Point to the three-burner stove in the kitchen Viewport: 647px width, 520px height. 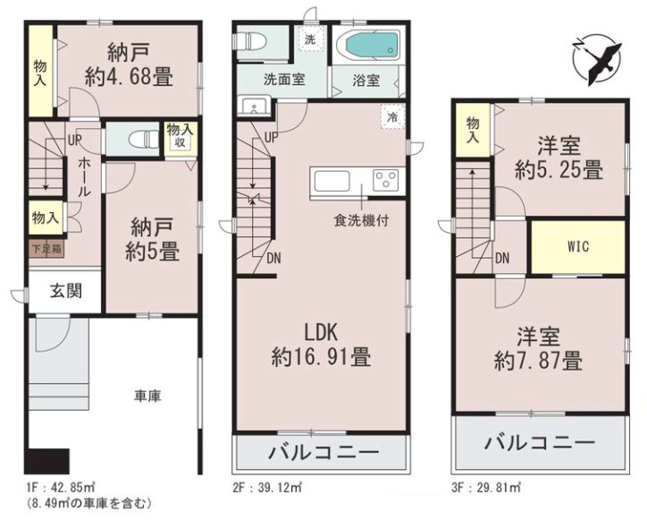[386, 180]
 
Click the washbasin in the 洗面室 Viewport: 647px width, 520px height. [254, 107]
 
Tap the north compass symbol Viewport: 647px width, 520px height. [598, 61]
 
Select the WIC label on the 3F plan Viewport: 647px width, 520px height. [577, 247]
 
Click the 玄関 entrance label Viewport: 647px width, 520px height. [66, 291]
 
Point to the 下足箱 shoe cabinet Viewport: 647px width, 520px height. [46, 249]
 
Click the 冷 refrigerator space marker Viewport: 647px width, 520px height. [392, 117]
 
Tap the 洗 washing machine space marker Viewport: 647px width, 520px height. [310, 39]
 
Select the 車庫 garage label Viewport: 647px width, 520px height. [147, 396]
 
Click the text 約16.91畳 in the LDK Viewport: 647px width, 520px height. [321, 357]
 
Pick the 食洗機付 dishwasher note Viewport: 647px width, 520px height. [361, 220]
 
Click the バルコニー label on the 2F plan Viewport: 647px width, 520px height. [323, 452]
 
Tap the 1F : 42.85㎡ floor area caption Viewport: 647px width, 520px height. [60, 488]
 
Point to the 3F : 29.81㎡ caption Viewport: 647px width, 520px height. [485, 488]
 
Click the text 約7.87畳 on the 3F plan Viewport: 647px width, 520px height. [539, 360]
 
